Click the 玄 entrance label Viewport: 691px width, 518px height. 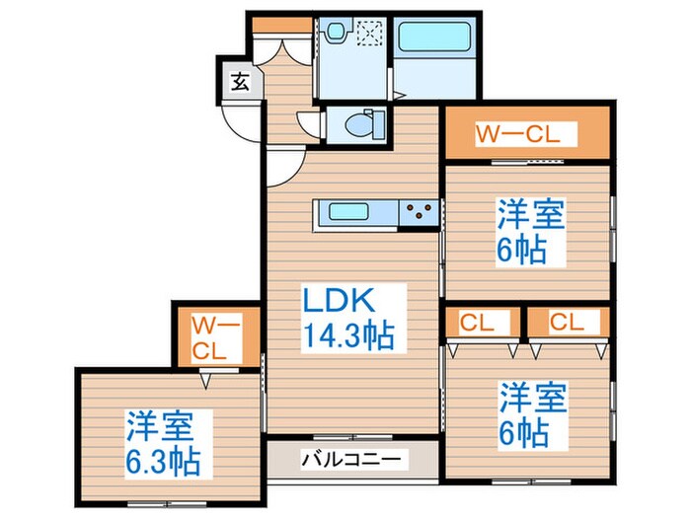point(240,81)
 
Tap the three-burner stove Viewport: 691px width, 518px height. point(419,210)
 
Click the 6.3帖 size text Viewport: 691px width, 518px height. point(163,460)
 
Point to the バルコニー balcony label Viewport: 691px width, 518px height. point(350,459)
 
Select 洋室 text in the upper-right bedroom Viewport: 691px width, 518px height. point(530,214)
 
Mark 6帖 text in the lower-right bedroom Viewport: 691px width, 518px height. point(524,434)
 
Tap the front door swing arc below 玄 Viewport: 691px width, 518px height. point(240,123)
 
